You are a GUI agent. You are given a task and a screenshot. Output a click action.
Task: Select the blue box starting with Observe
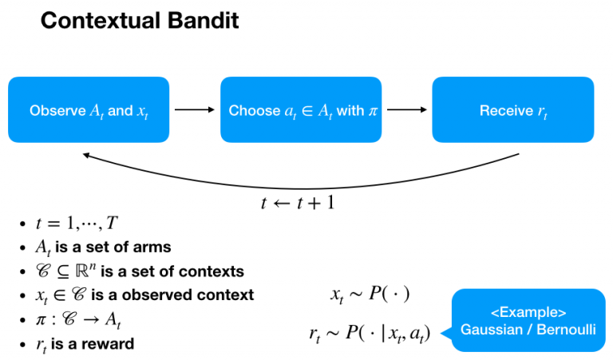pos(89,110)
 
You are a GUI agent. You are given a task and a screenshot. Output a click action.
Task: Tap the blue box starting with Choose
pos(301,110)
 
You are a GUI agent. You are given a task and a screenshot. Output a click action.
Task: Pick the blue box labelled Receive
pos(513,110)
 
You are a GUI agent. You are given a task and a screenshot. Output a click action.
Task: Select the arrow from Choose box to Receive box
pos(406,110)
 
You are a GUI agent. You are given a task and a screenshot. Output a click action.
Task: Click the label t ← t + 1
pos(298,201)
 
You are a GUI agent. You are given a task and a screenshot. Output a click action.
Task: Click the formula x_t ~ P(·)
pos(370,295)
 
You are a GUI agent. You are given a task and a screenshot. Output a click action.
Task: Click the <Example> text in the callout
pos(528,312)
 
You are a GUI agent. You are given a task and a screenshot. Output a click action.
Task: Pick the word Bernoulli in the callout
pos(566,329)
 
